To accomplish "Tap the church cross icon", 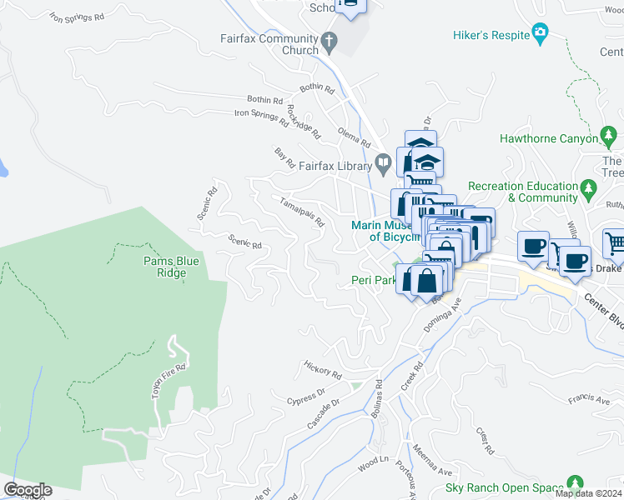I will pyautogui.click(x=330, y=40).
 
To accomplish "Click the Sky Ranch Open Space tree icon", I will pyautogui.click(x=574, y=482).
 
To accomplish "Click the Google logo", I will pyautogui.click(x=28, y=490).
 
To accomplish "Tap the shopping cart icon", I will pyautogui.click(x=614, y=243).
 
